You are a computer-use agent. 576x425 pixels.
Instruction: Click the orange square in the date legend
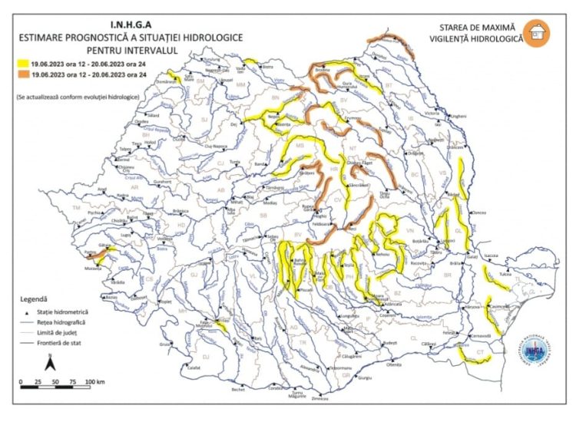click(x=25, y=74)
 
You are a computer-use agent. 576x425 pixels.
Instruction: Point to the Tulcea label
click(x=504, y=273)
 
